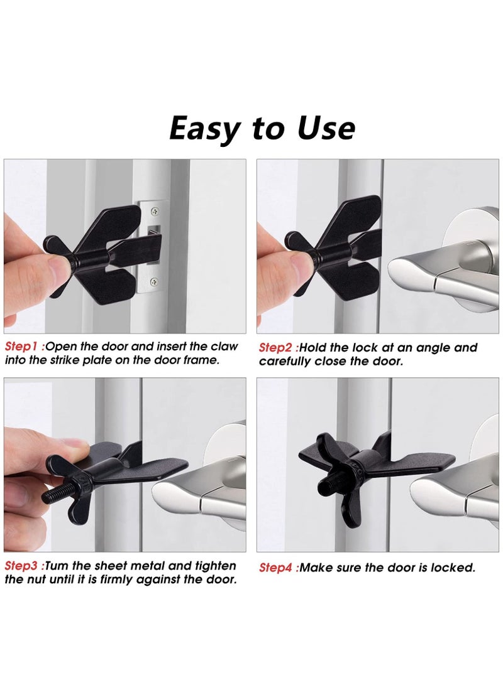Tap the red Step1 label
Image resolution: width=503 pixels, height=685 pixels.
point(23,347)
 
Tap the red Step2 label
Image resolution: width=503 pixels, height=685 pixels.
point(277,348)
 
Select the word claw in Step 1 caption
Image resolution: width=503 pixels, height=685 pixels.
point(224,347)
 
